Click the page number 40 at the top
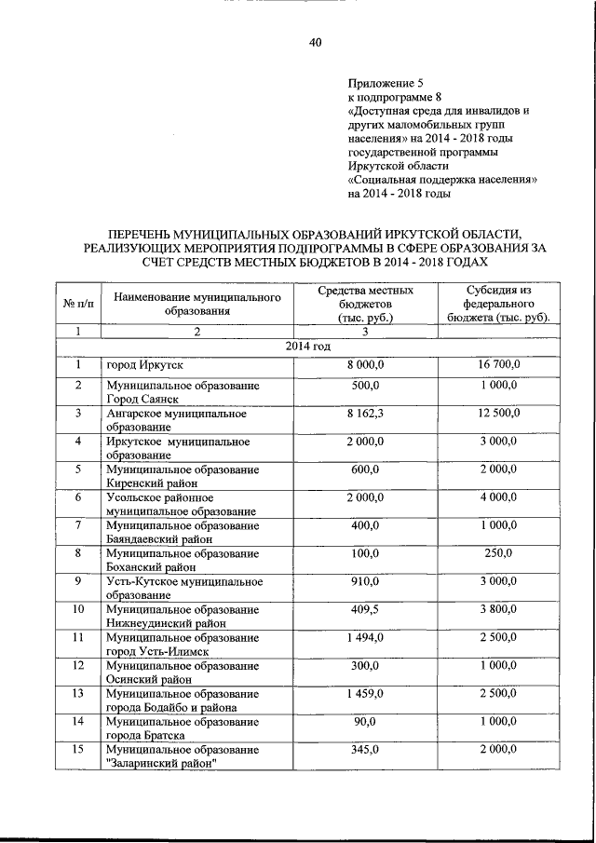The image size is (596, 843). [315, 43]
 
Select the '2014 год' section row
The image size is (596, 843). [307, 347]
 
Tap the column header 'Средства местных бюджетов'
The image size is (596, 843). [365, 304]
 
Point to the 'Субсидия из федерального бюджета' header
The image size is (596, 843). [498, 304]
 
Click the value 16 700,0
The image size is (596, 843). [498, 364]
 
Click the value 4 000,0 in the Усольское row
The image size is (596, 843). [498, 498]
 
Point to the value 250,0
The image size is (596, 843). [498, 554]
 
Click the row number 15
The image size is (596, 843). [79, 750]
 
